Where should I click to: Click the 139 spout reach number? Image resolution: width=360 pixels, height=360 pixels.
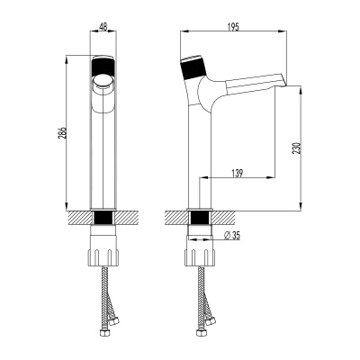pyautogui.click(x=237, y=170)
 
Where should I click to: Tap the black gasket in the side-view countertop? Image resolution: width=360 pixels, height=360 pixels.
pyautogui.click(x=199, y=219)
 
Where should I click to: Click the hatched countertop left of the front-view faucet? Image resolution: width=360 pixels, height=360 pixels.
pyautogui.click(x=79, y=219)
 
